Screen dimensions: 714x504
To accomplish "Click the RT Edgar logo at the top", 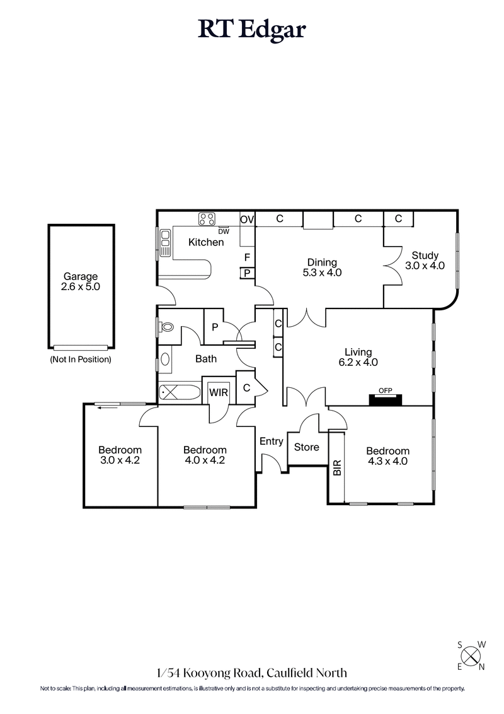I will click(252, 30).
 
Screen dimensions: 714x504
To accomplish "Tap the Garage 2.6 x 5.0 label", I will click(81, 281).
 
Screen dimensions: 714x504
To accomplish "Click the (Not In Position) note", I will click(81, 360).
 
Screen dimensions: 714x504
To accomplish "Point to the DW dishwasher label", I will click(224, 231).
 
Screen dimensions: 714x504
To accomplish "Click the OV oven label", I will click(247, 219).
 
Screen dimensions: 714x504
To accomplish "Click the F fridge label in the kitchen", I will click(247, 257).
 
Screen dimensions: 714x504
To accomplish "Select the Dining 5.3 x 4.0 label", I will click(322, 267).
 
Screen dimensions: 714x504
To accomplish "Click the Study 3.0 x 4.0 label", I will click(425, 260).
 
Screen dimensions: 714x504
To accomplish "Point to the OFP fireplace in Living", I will click(384, 398).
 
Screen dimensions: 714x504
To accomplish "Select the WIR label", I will click(219, 391).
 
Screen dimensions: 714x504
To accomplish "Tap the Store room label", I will click(307, 447).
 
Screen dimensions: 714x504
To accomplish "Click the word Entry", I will click(271, 442).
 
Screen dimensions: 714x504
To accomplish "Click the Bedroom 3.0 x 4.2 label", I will click(120, 455).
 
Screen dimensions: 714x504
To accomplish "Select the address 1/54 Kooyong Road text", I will click(252, 673).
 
